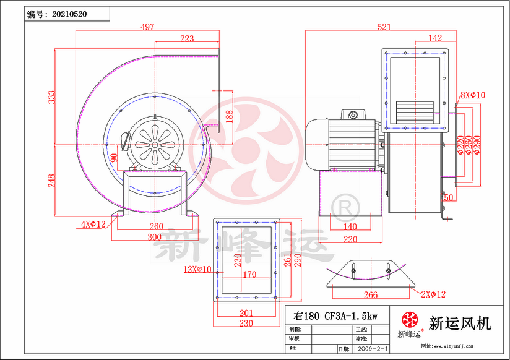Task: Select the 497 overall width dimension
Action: (147, 27)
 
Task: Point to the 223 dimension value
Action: (186, 38)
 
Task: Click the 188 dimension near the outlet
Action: (229, 116)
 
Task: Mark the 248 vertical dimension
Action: (53, 180)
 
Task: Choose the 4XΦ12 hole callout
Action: (93, 223)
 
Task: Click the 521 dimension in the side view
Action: (384, 27)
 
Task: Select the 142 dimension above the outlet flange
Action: (435, 38)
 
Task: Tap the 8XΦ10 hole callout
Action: (473, 95)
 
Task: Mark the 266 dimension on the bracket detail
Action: (370, 295)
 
